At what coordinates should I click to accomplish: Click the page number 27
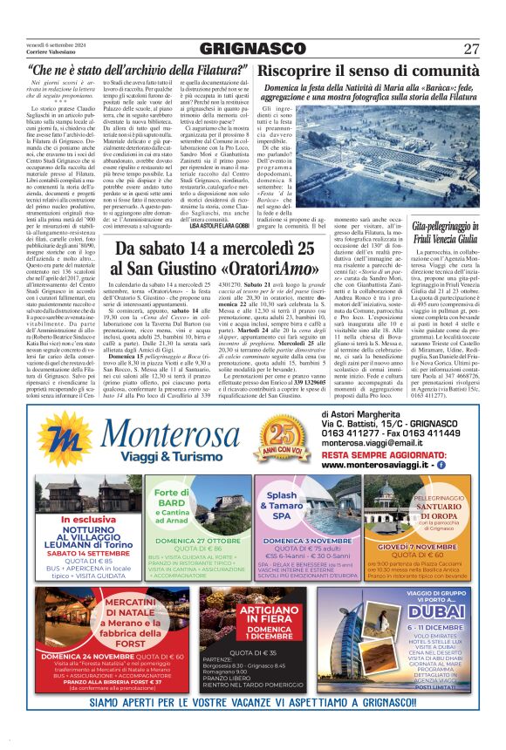[x=472, y=48]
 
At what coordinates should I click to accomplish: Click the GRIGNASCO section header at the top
[x=252, y=48]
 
